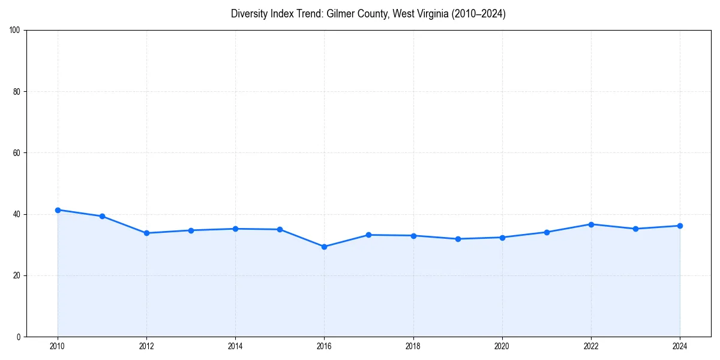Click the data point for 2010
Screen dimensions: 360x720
tap(58, 210)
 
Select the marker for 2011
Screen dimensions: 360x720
tap(102, 216)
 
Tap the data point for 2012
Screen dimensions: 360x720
tap(146, 233)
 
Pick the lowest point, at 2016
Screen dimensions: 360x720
tap(324, 247)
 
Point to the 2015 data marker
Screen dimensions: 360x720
tap(280, 229)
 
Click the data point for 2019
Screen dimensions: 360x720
tap(458, 239)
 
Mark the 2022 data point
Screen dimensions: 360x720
tap(591, 224)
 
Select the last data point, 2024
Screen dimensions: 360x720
tap(680, 226)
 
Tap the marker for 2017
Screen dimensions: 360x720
tap(368, 235)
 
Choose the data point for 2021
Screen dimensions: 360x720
tap(547, 232)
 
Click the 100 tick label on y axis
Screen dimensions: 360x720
tap(15, 30)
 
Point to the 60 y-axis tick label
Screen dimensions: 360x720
tap(17, 153)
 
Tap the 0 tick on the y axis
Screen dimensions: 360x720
tap(19, 337)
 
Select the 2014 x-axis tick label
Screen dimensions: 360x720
tap(235, 346)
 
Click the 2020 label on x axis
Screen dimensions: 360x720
tap(502, 346)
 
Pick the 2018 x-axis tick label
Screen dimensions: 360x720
tap(413, 346)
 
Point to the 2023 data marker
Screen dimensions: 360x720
tap(635, 229)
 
